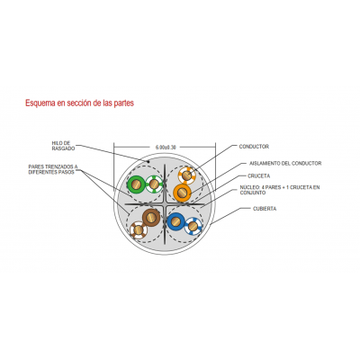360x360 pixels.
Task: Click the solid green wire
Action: click(x=136, y=184)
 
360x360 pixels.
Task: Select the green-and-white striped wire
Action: click(x=154, y=184)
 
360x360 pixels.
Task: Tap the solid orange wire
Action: click(x=182, y=193)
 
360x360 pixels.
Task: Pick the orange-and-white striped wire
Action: click(x=187, y=175)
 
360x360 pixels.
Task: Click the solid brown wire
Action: click(x=151, y=218)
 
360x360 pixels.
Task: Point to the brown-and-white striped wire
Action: click(x=139, y=229)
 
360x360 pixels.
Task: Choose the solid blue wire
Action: click(x=175, y=221)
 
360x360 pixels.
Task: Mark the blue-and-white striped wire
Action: click(x=193, y=226)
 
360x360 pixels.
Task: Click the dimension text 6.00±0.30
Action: click(x=166, y=147)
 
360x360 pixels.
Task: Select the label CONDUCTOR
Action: click(x=254, y=147)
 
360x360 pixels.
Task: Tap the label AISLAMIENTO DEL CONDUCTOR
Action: click(x=285, y=163)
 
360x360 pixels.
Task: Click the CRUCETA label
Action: click(x=258, y=175)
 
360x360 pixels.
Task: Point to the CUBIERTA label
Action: click(x=265, y=209)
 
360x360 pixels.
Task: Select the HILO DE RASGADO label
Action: click(x=63, y=146)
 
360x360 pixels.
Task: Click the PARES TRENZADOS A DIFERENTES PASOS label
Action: click(x=53, y=169)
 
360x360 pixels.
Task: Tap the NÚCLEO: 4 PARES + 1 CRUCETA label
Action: click(x=280, y=190)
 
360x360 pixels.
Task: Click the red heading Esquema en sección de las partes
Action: click(x=79, y=103)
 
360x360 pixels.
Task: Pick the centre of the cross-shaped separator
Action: click(x=165, y=204)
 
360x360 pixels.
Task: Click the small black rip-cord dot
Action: click(x=148, y=161)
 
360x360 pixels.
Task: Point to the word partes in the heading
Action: click(x=122, y=103)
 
